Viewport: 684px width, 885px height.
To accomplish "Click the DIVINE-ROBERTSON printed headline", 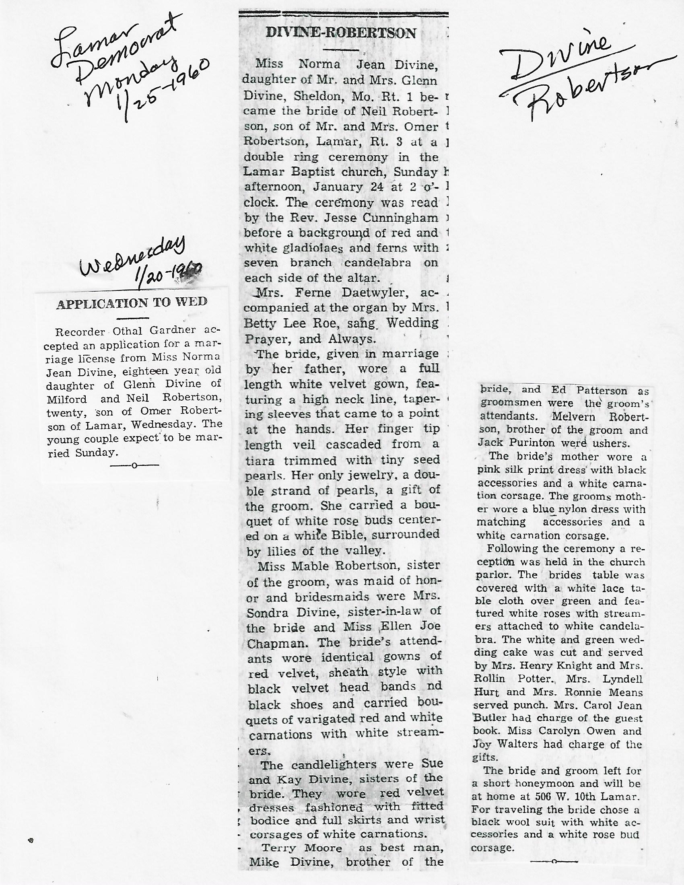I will click(341, 33).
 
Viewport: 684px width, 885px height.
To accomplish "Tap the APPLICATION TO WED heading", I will click(132, 303).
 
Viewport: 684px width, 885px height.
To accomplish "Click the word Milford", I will click(67, 399).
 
